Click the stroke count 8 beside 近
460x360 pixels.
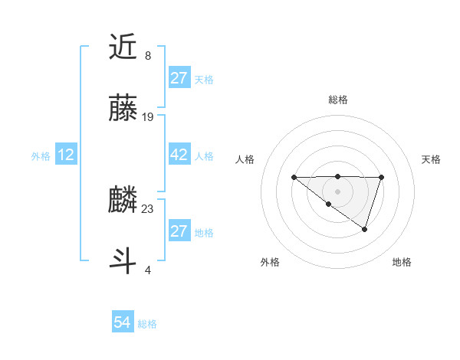tap(147, 56)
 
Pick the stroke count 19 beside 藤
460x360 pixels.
tap(148, 117)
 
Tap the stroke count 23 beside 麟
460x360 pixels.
tap(148, 208)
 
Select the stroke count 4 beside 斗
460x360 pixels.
tap(147, 270)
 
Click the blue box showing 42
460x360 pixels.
tap(179, 155)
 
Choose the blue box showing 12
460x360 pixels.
tap(66, 155)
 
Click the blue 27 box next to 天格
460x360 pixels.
tap(179, 78)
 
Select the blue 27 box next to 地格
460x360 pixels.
tap(179, 231)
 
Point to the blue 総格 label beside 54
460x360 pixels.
tap(147, 324)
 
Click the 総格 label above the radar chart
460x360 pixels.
tap(337, 100)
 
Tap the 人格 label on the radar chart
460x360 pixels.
tap(245, 159)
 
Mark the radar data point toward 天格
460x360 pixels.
tap(381, 177)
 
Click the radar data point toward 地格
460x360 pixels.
tap(365, 229)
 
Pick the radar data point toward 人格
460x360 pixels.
tap(294, 177)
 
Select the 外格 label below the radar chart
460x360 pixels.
tap(270, 262)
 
